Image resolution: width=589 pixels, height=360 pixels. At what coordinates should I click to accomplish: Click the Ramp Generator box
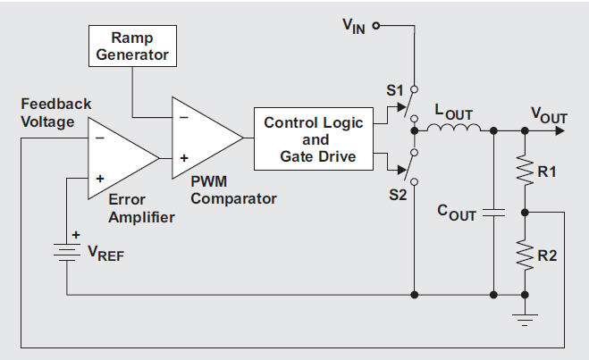[x=132, y=46]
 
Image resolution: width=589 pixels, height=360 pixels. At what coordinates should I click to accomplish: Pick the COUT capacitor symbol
[x=493, y=213]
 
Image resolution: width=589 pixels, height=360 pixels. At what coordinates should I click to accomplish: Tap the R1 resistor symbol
[x=524, y=171]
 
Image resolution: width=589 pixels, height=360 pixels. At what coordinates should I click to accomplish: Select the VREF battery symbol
[x=67, y=253]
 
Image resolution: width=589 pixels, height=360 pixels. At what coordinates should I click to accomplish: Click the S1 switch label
[x=395, y=90]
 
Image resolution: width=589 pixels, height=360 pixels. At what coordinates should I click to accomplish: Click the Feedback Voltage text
[x=48, y=113]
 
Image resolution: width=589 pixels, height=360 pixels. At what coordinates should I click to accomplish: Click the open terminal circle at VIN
[x=376, y=26]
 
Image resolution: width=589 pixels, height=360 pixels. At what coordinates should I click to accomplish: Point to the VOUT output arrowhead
[x=560, y=131]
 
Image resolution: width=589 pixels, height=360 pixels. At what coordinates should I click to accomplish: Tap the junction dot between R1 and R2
[x=524, y=213]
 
